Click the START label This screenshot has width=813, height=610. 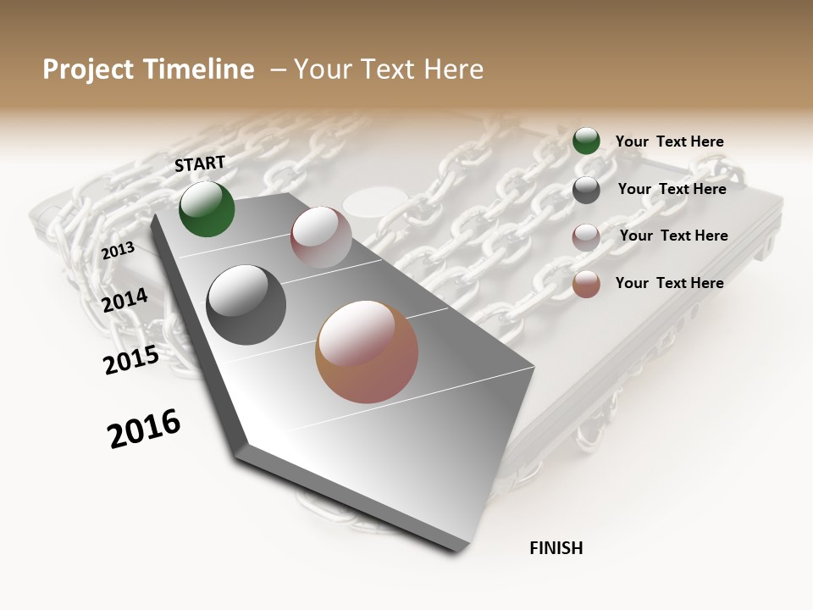[200, 164]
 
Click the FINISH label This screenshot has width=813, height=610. [556, 548]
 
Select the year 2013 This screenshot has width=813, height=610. [119, 251]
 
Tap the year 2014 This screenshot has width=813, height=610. [125, 300]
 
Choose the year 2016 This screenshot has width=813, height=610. [144, 429]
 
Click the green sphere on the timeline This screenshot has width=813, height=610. [207, 208]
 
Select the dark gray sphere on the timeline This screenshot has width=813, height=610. [246, 305]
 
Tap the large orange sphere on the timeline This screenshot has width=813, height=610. [367, 352]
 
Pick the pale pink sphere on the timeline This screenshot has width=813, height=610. [321, 237]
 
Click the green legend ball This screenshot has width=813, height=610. [586, 141]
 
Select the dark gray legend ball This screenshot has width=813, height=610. [586, 190]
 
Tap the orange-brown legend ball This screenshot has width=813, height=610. [586, 284]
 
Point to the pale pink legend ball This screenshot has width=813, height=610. [586, 236]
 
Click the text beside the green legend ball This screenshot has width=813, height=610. [669, 141]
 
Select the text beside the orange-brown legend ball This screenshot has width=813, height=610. [669, 283]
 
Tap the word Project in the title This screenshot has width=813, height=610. [87, 69]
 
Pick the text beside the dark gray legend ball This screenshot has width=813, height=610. [672, 189]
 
